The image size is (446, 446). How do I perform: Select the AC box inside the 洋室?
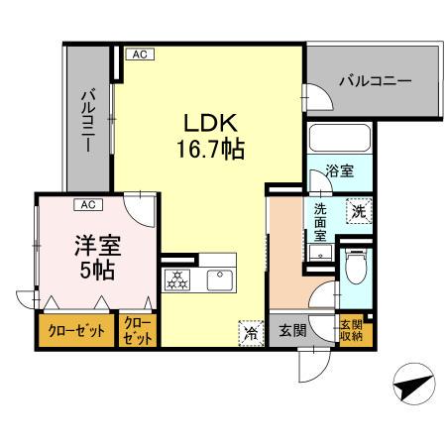(87, 205)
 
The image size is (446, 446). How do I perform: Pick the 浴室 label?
(339, 170)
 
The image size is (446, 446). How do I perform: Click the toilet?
(356, 266)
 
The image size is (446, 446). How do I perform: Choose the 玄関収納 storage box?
(351, 330)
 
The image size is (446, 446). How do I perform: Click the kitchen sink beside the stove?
(219, 280)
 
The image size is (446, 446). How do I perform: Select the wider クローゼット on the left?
(76, 330)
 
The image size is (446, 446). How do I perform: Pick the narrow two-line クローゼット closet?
(139, 330)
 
